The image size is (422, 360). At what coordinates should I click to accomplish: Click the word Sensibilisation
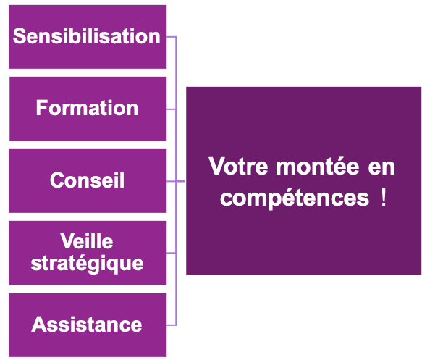click(87, 35)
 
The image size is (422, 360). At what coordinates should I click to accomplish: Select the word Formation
click(87, 108)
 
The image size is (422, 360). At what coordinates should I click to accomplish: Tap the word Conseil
click(87, 180)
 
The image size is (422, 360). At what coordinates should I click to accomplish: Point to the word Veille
click(87, 240)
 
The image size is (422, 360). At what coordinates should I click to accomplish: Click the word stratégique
click(87, 264)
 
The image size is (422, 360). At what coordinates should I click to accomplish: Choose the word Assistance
click(87, 325)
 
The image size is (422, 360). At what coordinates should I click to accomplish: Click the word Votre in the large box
click(238, 166)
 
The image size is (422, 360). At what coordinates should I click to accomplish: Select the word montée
click(318, 166)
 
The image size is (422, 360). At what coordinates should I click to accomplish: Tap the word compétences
click(295, 198)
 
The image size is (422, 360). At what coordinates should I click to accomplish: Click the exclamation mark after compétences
click(384, 197)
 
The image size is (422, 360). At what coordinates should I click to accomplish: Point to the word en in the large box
click(381, 169)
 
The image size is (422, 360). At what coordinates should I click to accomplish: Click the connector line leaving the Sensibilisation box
click(172, 37)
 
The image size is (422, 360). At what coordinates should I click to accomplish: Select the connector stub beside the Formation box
click(171, 109)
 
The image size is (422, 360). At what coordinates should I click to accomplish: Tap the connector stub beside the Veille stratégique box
click(171, 253)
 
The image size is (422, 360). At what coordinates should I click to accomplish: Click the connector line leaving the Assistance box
click(172, 325)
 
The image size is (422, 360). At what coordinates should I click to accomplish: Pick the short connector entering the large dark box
click(180, 181)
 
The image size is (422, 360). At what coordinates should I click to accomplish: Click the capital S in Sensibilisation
click(20, 35)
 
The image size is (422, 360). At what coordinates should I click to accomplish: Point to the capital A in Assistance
click(39, 325)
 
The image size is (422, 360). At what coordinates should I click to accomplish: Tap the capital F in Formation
click(42, 108)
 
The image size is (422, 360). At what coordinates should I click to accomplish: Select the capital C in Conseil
click(58, 180)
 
